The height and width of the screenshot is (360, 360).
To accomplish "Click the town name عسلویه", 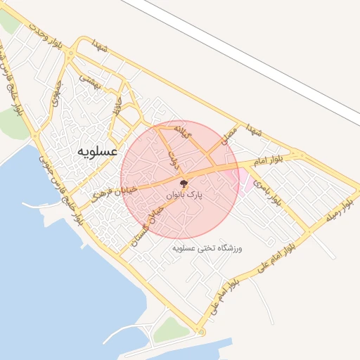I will [x=98, y=151].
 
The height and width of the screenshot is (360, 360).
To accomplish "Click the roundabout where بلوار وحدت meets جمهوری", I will [x=69, y=58].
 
